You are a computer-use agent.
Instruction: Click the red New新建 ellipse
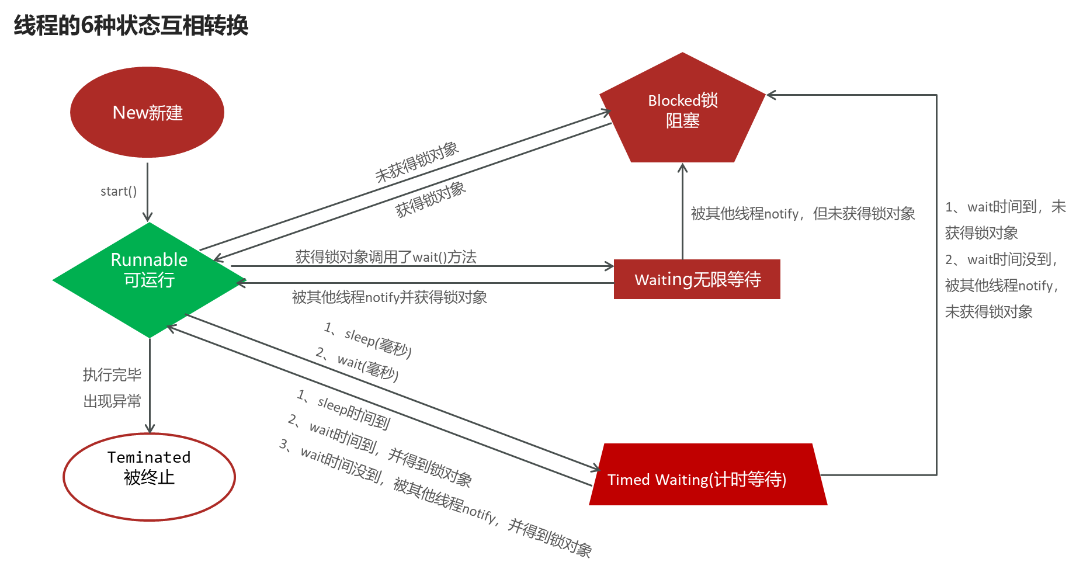click(x=147, y=112)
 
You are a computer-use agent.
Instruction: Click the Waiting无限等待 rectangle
click(x=697, y=279)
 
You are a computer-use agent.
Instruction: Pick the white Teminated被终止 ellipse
click(x=149, y=477)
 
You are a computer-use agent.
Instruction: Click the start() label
click(x=119, y=192)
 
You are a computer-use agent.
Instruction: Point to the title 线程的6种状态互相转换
click(x=131, y=25)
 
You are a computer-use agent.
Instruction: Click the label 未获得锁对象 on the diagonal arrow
click(x=416, y=162)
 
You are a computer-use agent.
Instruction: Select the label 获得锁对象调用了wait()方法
click(x=386, y=256)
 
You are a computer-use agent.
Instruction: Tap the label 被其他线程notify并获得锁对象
click(x=389, y=297)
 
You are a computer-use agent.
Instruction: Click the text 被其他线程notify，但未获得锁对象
click(x=803, y=214)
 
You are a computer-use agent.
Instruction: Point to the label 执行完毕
click(x=112, y=374)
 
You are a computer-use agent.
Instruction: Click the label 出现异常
click(x=112, y=401)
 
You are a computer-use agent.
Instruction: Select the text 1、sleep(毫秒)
click(x=368, y=339)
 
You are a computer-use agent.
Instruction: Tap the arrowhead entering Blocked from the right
click(x=770, y=95)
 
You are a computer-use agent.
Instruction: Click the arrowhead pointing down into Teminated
click(x=150, y=428)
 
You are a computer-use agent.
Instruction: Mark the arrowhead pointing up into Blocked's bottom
click(x=682, y=168)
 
